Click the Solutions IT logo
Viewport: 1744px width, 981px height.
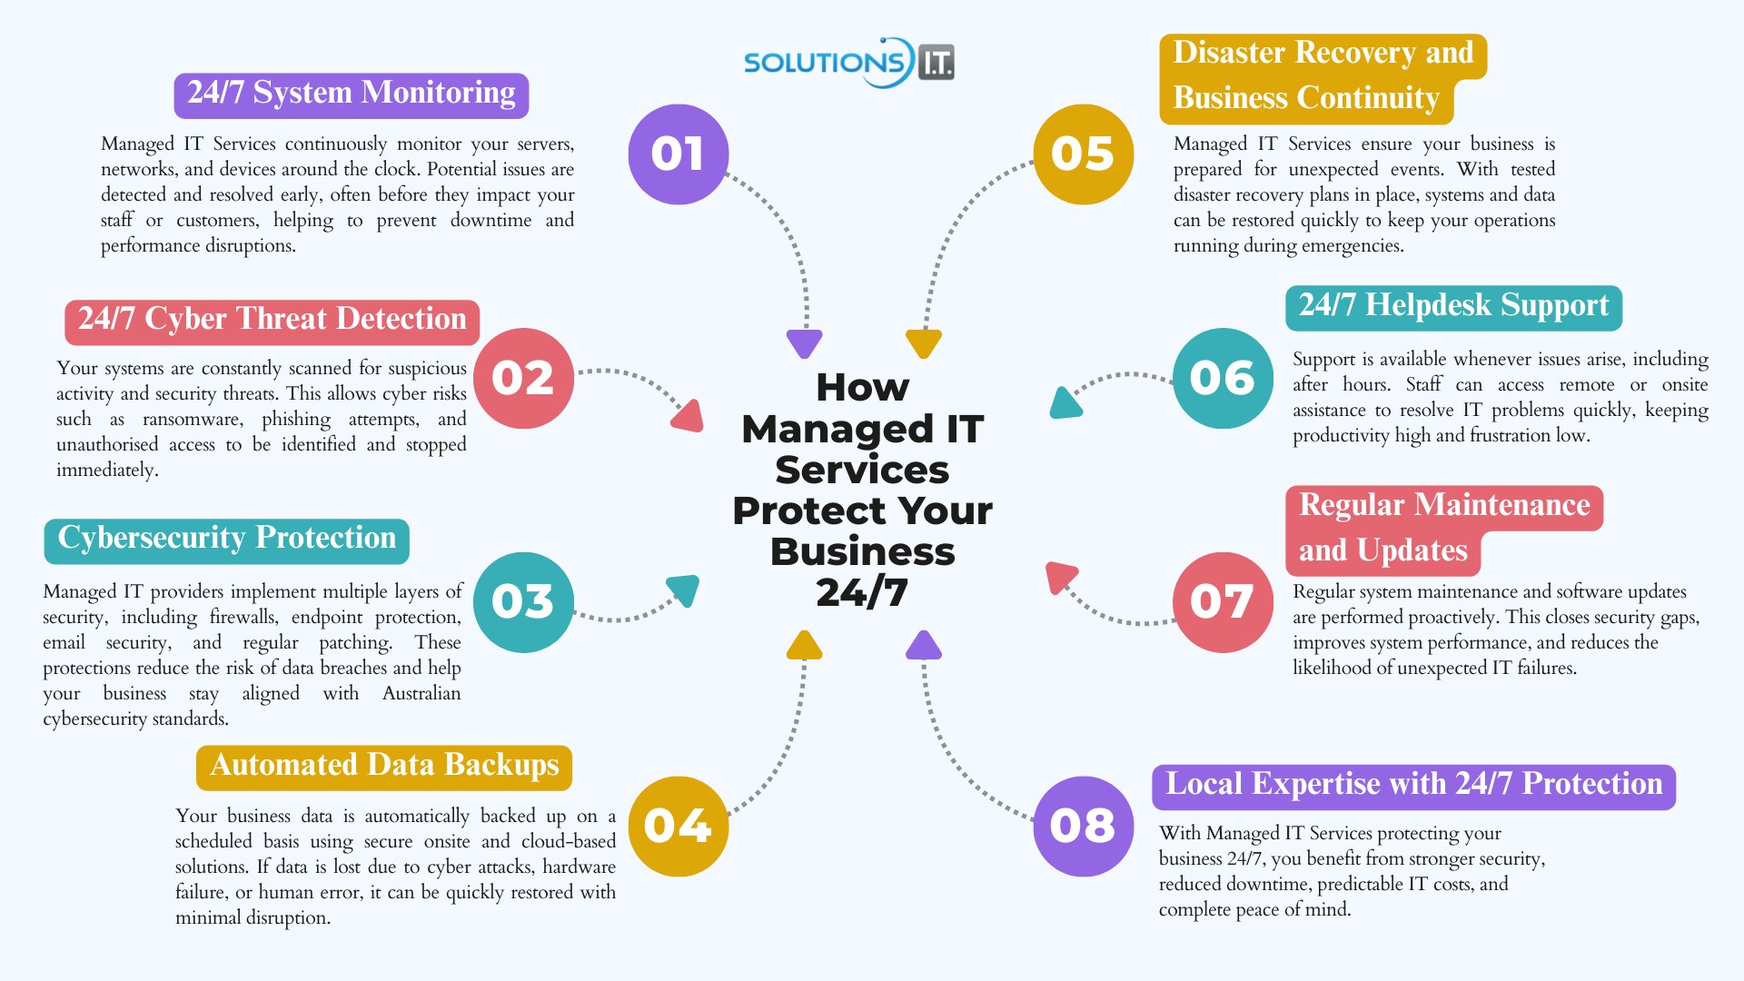[x=848, y=62]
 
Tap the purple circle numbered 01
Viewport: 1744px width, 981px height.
[x=679, y=154]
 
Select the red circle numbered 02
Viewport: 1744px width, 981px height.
[x=523, y=378]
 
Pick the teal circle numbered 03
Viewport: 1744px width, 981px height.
[x=523, y=602]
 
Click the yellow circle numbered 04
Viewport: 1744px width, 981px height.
[x=679, y=827]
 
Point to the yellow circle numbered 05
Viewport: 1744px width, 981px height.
[x=1084, y=154]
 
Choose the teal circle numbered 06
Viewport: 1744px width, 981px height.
[x=1223, y=378]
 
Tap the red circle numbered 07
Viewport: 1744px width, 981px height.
[x=1223, y=602]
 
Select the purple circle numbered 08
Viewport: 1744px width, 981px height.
[x=1084, y=827]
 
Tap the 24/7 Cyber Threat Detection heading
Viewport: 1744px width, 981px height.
[x=272, y=321]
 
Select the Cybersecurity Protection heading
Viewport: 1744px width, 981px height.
[x=226, y=540]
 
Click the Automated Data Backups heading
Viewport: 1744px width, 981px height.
[x=384, y=767]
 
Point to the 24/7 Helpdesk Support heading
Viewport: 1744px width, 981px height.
[x=1453, y=307]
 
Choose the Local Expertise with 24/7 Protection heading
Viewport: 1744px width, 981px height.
[x=1413, y=786]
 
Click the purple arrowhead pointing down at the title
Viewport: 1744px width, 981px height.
[x=805, y=343]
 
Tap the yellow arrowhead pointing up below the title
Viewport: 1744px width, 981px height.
[x=804, y=645]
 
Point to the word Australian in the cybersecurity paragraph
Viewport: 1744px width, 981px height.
[x=421, y=694]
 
